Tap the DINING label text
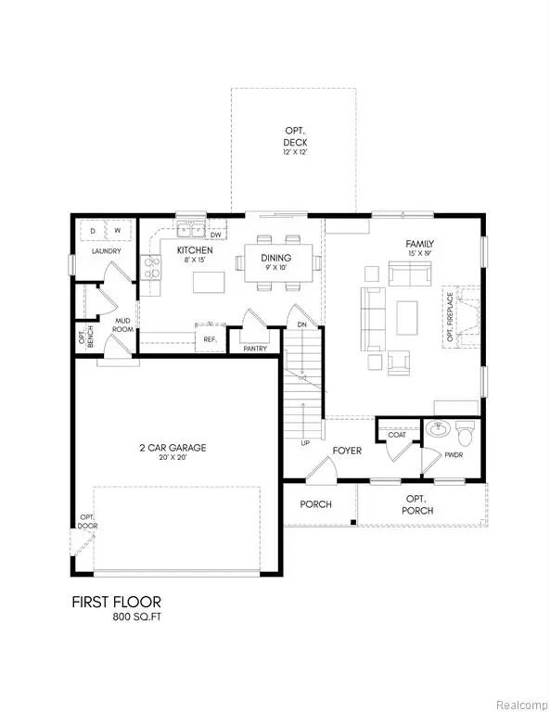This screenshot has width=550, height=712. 275,258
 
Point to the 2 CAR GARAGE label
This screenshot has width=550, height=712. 167,448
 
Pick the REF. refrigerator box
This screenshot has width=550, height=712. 211,339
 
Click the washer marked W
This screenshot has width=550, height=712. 119,229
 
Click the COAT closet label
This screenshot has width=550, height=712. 397,434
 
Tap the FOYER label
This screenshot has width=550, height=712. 346,451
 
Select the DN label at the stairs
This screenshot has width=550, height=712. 301,325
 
